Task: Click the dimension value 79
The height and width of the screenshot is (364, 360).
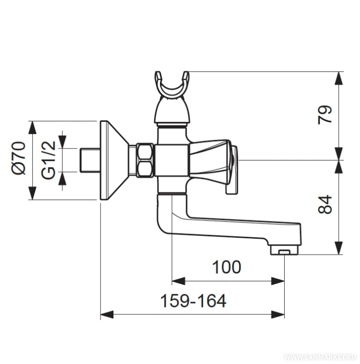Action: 325,115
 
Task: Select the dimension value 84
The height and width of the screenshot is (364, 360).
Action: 325,204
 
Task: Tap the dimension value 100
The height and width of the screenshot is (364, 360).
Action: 226,267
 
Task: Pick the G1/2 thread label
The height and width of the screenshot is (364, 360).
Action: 48,159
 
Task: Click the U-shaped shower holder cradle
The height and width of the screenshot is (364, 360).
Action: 172,87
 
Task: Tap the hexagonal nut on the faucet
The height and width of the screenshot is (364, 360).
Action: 145,160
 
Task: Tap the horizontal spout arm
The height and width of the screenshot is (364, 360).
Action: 233,227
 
